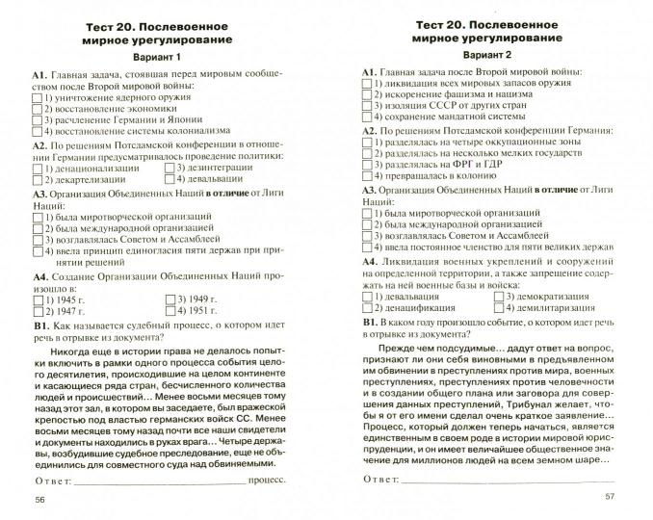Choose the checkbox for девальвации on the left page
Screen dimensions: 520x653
pyautogui.click(x=170, y=180)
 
